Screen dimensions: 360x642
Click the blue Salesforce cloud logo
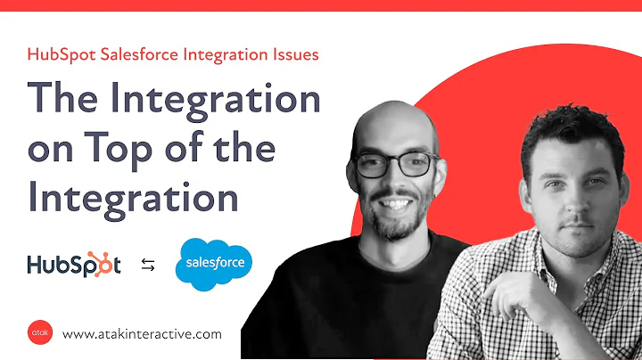click(x=214, y=265)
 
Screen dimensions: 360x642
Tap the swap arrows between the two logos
click(x=147, y=265)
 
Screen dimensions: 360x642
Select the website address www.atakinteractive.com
click(x=142, y=334)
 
